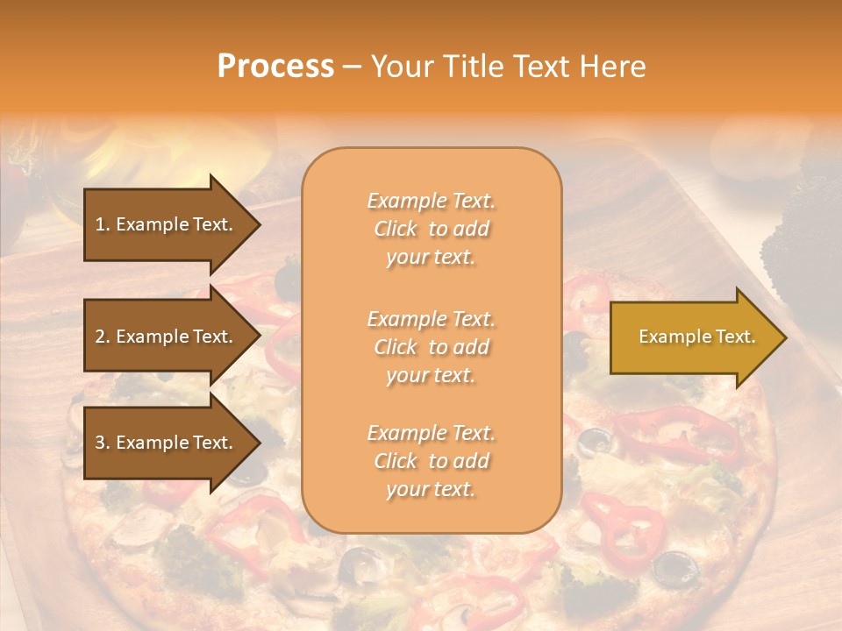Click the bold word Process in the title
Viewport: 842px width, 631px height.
275,67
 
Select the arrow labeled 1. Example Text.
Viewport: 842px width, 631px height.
167,224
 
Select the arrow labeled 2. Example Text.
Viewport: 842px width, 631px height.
167,337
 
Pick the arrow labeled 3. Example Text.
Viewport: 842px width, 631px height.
167,443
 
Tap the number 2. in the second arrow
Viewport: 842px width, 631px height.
102,337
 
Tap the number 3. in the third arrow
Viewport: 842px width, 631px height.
102,443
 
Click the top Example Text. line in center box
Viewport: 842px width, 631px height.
431,201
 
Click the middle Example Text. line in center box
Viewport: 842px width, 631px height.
431,318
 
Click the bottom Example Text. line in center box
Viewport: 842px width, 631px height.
431,433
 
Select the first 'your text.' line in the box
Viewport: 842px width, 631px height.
431,258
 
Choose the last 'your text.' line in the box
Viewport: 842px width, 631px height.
431,490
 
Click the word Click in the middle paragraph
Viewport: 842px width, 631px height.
396,347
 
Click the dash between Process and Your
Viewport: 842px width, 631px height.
352,67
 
